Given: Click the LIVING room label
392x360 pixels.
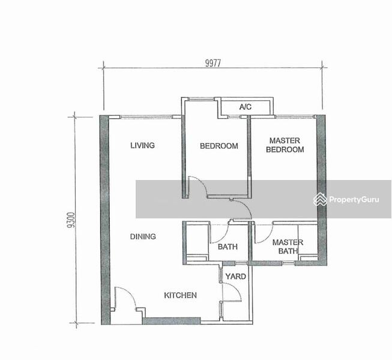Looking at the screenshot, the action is pyautogui.click(x=142, y=145).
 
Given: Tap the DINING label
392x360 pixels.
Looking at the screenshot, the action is pyautogui.click(x=143, y=236).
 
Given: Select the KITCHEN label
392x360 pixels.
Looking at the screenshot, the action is pyautogui.click(x=180, y=295).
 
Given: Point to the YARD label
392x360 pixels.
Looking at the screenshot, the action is pyautogui.click(x=235, y=277).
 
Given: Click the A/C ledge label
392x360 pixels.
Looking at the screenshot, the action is pyautogui.click(x=246, y=107).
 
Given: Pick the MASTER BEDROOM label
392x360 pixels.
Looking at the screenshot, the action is pyautogui.click(x=285, y=145).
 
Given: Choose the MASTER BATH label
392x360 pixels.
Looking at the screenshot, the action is pyautogui.click(x=288, y=247).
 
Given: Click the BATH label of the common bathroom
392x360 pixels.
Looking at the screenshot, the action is pyautogui.click(x=228, y=247).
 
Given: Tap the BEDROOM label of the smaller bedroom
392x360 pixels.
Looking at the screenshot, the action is pyautogui.click(x=219, y=146).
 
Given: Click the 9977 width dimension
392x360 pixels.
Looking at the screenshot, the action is pyautogui.click(x=213, y=63).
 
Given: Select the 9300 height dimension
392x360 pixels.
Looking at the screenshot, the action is pyautogui.click(x=71, y=220).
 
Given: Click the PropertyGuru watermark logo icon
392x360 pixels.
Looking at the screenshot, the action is pyautogui.click(x=320, y=199).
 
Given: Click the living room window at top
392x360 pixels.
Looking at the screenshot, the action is pyautogui.click(x=146, y=116).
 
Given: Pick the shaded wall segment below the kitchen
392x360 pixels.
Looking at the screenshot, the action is pyautogui.click(x=171, y=321).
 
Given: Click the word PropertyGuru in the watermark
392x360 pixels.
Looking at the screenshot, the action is pyautogui.click(x=354, y=200).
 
